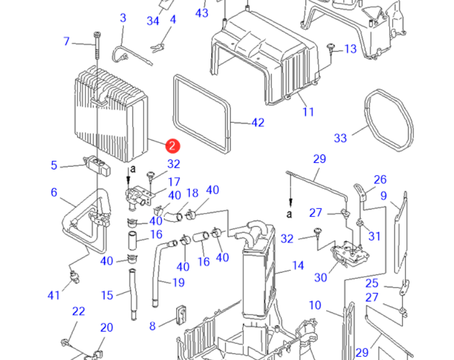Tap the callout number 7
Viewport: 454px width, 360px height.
66,41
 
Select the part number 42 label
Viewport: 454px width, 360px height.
258,122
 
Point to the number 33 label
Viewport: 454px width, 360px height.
340,138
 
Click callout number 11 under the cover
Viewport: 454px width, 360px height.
308,111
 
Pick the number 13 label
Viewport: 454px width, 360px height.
350,49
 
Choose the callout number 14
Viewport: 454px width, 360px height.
297,266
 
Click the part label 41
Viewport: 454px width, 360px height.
53,295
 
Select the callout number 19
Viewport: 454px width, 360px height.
179,282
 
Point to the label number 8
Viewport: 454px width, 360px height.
152,326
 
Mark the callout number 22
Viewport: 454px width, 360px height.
78,312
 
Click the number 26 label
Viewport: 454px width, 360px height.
380,180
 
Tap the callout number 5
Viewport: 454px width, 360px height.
54,165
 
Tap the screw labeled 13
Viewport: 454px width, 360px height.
332,48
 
